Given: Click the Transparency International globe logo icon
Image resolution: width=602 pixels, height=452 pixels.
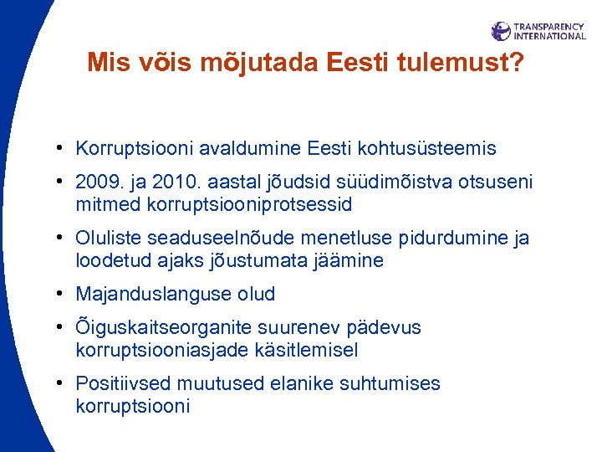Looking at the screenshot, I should pos(501,31).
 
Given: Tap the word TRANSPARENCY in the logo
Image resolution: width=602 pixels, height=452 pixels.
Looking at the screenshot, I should pos(548,27).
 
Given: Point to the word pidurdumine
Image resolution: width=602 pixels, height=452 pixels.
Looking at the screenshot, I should pos(452,239).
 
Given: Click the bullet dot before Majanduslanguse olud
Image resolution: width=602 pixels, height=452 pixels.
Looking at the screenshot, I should pos(64,295).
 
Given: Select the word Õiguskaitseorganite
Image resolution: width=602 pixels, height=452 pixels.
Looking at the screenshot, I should pos(162,328).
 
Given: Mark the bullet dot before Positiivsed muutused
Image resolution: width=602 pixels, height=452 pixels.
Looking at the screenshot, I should pos(64,384).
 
